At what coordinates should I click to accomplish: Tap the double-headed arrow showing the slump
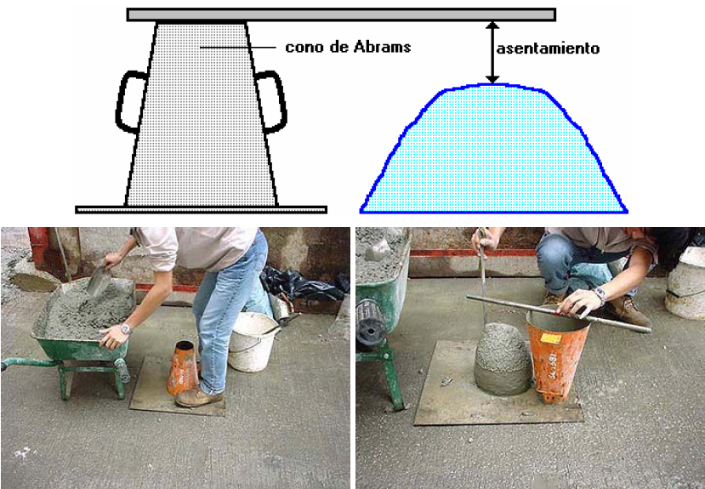click(492, 53)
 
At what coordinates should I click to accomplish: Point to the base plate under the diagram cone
click(201, 209)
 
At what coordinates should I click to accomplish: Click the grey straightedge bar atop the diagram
click(340, 14)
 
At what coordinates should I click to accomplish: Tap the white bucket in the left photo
click(249, 342)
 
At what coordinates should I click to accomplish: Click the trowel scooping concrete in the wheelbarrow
click(98, 280)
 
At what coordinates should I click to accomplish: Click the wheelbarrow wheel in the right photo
click(371, 323)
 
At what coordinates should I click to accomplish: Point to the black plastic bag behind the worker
click(302, 284)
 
